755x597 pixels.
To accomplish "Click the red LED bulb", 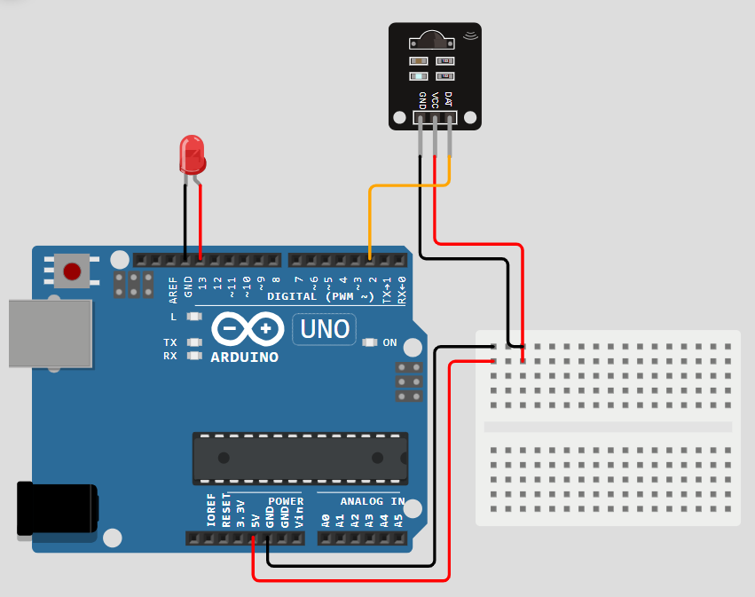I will click(192, 153).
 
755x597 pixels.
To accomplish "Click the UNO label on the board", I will click(325, 329).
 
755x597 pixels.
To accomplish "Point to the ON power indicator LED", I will click(368, 342).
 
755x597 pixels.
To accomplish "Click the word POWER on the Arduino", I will click(286, 501).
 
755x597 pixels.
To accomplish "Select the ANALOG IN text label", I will click(373, 501).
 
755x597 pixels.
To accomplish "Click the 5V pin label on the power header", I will click(255, 519).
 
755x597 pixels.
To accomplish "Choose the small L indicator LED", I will click(194, 317).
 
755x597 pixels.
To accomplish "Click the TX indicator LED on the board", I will click(194, 342).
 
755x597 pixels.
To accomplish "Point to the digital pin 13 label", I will click(202, 284).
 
